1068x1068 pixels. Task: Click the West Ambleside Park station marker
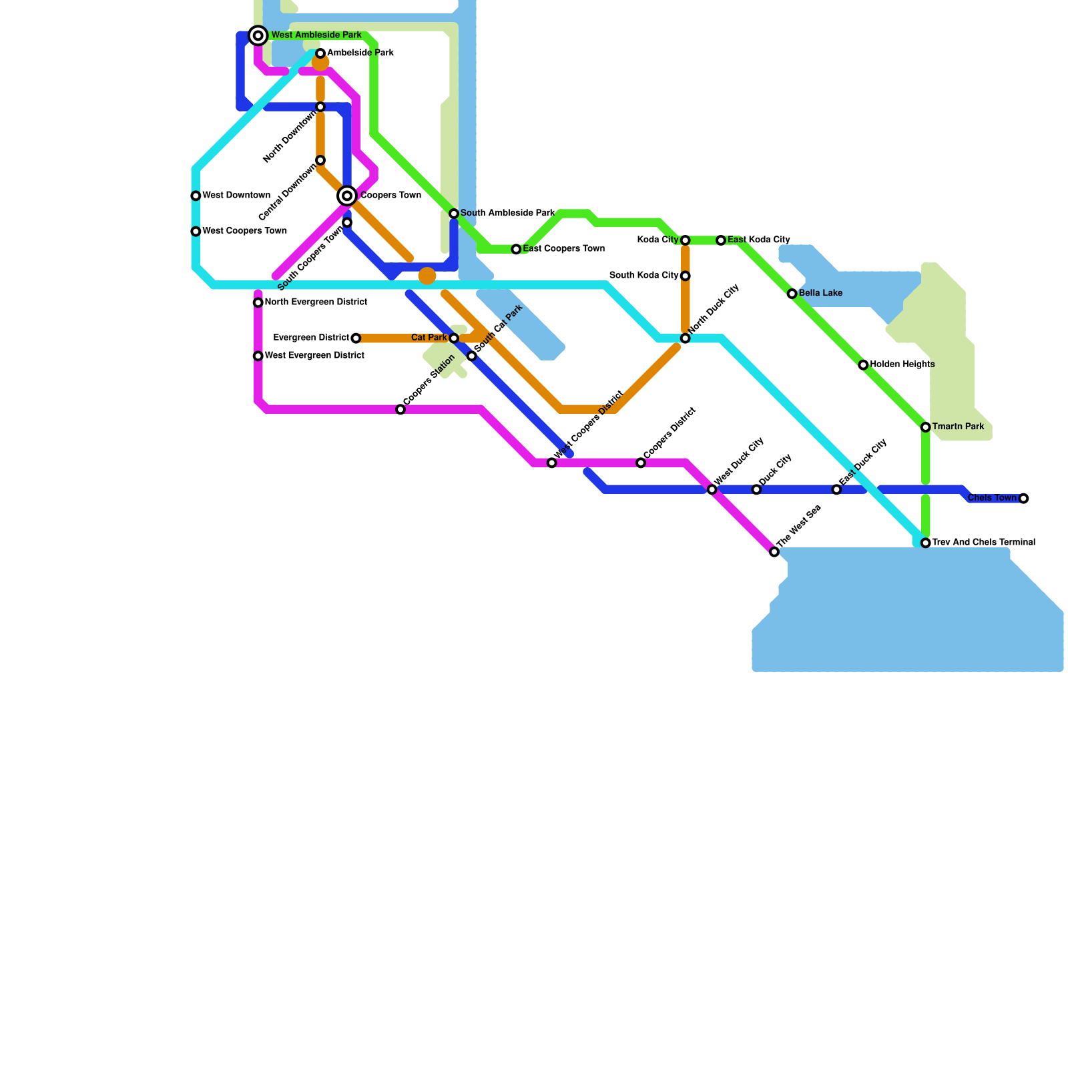(258, 35)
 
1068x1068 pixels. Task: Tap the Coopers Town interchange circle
(347, 196)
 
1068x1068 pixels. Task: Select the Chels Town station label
(992, 498)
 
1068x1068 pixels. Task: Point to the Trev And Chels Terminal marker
(926, 543)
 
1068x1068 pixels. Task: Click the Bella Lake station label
(820, 294)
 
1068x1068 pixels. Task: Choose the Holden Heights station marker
(863, 365)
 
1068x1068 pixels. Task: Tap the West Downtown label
(236, 196)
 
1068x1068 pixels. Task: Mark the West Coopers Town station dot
(196, 232)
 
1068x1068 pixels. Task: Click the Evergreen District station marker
(356, 338)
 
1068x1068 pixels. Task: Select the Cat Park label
(429, 338)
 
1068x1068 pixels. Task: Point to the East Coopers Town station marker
(516, 249)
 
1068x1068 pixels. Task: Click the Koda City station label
(657, 240)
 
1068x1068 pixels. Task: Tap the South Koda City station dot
(686, 276)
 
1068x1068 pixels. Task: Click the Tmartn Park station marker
(926, 427)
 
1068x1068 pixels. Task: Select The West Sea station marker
(774, 552)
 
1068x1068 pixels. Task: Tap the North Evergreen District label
(316, 302)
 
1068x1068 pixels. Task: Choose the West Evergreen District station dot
(258, 356)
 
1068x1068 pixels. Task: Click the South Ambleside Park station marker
(454, 214)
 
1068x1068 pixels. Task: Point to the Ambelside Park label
(360, 53)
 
